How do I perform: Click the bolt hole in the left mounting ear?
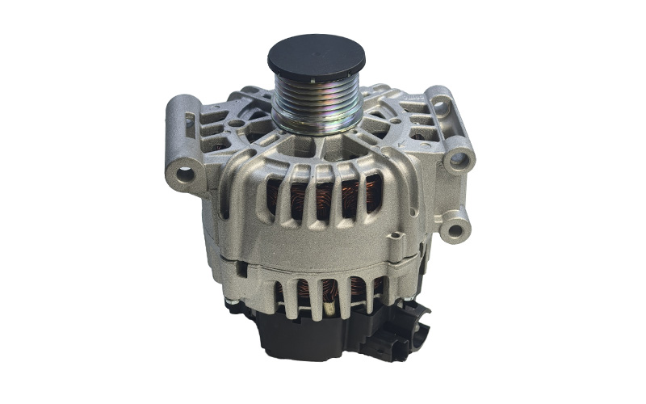[x=186, y=174]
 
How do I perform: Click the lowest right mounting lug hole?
[x=456, y=229]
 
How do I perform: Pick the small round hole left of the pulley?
[x=235, y=124]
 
